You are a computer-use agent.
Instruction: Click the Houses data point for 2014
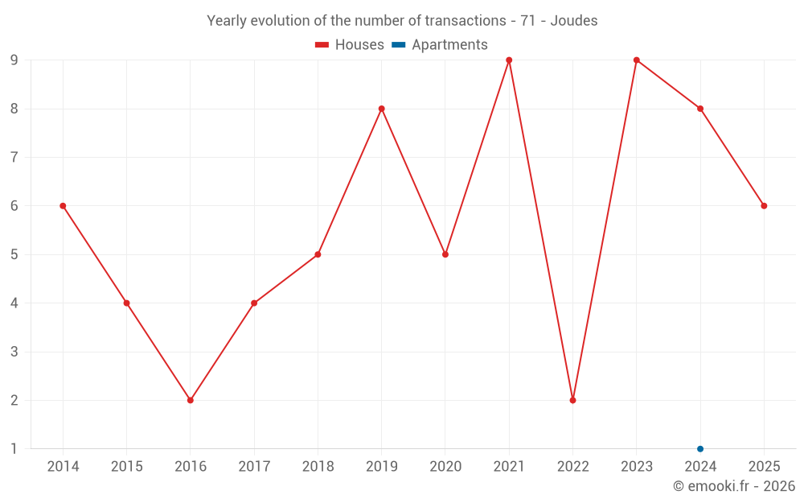[x=63, y=206]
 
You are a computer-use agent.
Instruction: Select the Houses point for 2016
[x=191, y=400]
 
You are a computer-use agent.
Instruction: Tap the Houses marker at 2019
[x=381, y=109]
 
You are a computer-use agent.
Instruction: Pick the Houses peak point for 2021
[x=509, y=60]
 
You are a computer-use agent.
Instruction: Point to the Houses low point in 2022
[x=572, y=400]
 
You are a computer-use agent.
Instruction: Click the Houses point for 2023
[x=636, y=60]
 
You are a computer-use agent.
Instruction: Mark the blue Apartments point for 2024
[x=700, y=449]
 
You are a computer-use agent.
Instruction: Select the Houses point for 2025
[x=764, y=206]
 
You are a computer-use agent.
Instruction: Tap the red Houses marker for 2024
[x=700, y=109]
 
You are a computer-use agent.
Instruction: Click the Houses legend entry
[x=350, y=44]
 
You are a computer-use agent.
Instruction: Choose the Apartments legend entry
[x=440, y=44]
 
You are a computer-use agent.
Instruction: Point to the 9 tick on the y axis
[x=14, y=60]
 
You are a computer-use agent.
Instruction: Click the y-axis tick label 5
[x=14, y=254]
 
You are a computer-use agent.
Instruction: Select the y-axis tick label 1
[x=14, y=449]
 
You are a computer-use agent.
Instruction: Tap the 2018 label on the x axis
[x=318, y=467]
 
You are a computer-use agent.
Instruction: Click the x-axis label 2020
[x=445, y=467]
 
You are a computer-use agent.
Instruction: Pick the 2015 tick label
[x=127, y=467]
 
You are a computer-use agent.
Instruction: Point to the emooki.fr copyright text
[x=734, y=485]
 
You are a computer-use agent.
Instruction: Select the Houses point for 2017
[x=254, y=303]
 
